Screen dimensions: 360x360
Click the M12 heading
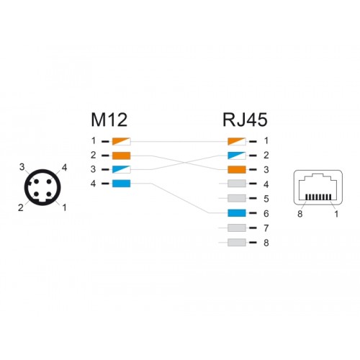[109, 120]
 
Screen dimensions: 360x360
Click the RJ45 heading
[245, 120]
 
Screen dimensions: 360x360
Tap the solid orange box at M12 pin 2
[122, 156]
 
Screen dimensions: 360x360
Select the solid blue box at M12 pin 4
[122, 184]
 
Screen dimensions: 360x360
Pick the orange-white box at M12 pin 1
[122, 141]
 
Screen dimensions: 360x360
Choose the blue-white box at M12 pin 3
[122, 169]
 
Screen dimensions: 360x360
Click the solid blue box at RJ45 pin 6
[237, 213]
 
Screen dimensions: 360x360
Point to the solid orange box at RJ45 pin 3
[237, 169]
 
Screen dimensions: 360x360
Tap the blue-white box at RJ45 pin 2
[237, 156]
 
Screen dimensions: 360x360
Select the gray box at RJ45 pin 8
[237, 243]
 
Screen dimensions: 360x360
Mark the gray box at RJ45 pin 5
[237, 199]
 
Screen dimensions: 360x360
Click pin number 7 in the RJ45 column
[266, 228]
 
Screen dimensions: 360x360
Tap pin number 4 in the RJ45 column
[266, 184]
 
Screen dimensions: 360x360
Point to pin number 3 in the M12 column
[93, 169]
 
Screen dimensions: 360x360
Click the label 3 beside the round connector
[22, 167]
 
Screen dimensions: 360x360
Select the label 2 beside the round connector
[21, 207]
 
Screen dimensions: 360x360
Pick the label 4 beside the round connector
[64, 168]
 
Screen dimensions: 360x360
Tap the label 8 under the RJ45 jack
[300, 214]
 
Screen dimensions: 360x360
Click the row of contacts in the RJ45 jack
[318, 197]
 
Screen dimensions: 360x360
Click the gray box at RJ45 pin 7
[237, 228]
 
